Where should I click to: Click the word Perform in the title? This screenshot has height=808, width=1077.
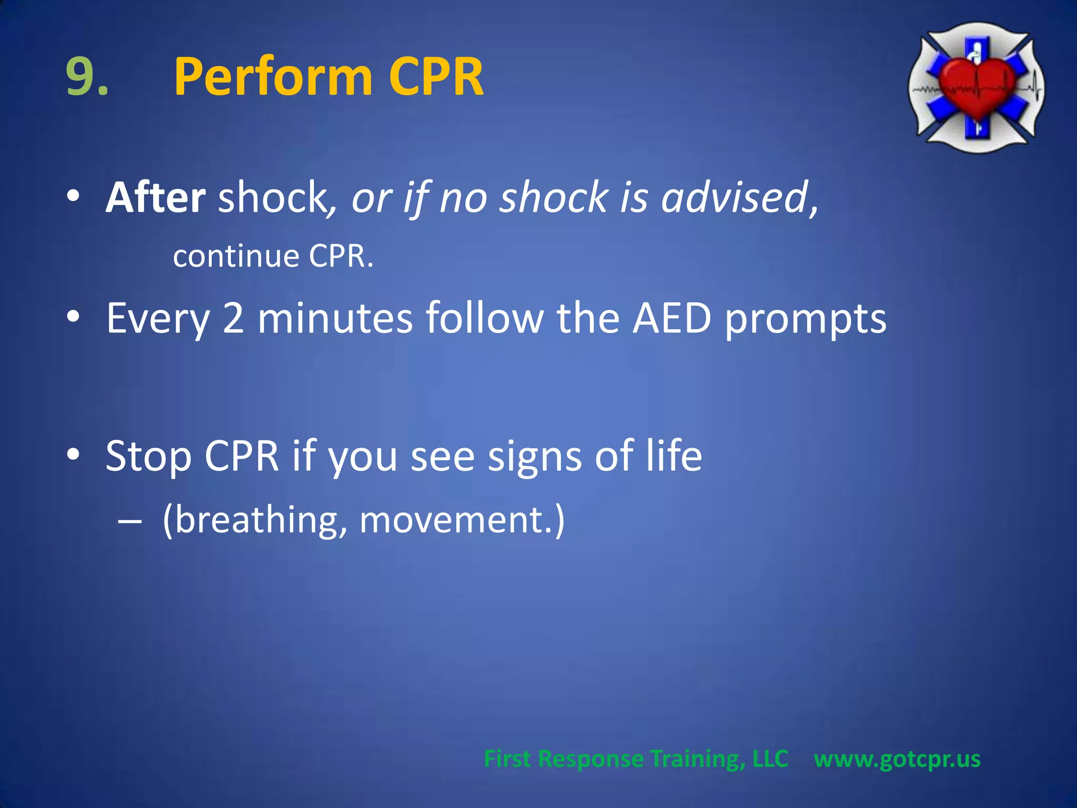(x=273, y=78)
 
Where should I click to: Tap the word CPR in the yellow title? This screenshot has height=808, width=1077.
(x=436, y=78)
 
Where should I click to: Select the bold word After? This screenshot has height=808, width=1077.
(x=156, y=197)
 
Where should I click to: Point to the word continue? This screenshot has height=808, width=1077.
(x=236, y=257)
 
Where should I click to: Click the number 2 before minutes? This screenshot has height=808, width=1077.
(x=233, y=318)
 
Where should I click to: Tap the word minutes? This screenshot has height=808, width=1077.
(x=335, y=318)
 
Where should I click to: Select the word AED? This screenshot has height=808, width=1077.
(x=672, y=318)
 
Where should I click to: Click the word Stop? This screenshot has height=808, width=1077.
(x=148, y=456)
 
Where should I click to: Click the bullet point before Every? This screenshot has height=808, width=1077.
(x=73, y=317)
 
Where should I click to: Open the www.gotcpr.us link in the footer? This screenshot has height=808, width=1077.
(x=897, y=759)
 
